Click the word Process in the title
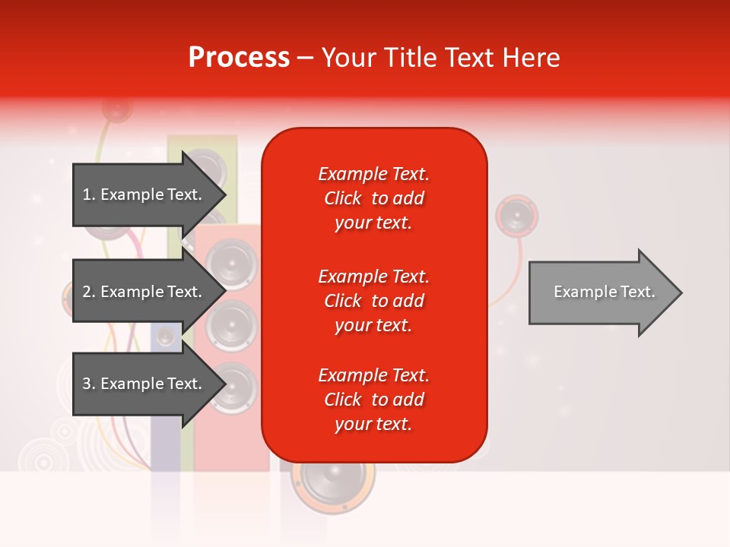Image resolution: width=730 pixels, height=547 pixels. tap(239, 58)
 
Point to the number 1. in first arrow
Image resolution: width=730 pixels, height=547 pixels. tap(89, 194)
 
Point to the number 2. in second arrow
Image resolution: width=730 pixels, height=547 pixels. tap(89, 292)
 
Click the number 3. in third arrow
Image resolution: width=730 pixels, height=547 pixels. tap(89, 384)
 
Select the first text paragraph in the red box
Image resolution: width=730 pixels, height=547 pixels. tap(373, 198)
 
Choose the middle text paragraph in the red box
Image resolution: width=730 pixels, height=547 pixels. tap(373, 300)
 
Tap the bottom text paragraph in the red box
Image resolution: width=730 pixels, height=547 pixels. tap(373, 400)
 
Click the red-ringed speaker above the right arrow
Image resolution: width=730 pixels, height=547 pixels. tap(517, 216)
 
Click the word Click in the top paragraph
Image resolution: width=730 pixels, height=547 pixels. tap(343, 198)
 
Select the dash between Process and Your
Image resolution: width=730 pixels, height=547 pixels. tap(305, 58)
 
